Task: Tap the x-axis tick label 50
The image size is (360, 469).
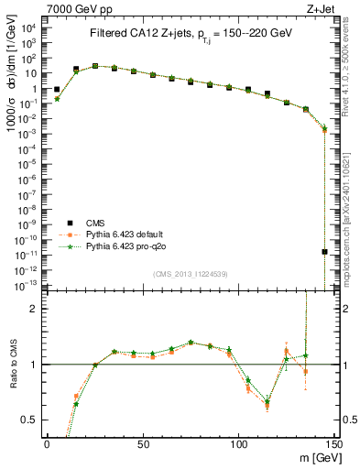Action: [x=142, y=444]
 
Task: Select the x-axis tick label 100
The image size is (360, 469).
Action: [x=238, y=444]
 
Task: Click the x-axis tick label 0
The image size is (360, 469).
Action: [x=47, y=444]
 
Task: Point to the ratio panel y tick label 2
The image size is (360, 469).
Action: [x=35, y=309]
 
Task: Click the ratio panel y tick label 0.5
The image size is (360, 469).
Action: [x=31, y=420]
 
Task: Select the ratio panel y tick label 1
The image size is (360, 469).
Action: [x=35, y=365]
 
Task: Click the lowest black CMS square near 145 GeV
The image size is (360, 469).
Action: [x=324, y=251]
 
